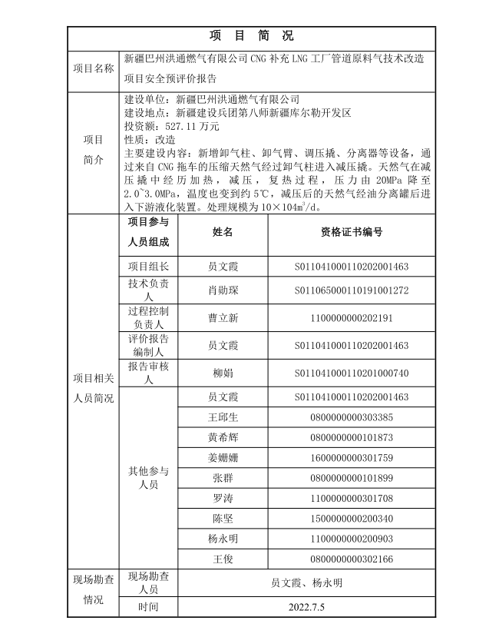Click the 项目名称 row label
(94, 68)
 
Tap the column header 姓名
(223, 232)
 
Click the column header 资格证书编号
(351, 232)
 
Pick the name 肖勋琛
(223, 290)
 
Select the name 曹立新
(223, 317)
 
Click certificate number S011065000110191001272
(351, 290)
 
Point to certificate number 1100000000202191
(351, 317)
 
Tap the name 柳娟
(223, 373)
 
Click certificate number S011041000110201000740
(351, 373)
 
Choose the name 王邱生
(223, 417)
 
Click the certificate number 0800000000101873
(351, 437)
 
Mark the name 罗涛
(223, 498)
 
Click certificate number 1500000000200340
(351, 518)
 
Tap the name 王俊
(223, 559)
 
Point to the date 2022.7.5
(306, 607)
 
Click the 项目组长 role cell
(147, 267)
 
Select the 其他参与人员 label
(147, 478)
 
